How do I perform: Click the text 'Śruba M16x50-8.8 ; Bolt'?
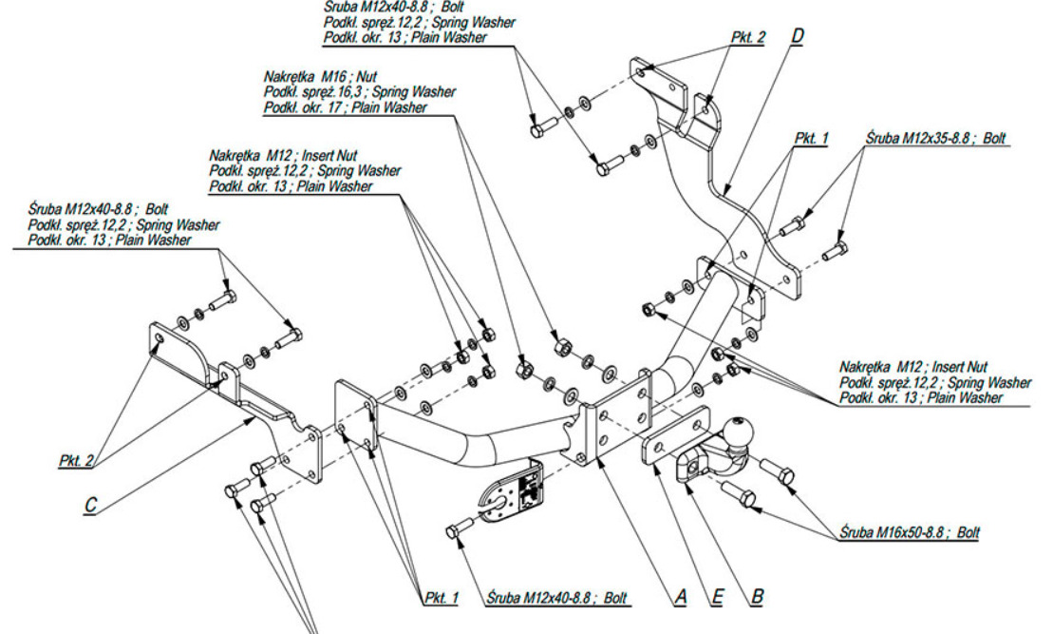coord(910,532)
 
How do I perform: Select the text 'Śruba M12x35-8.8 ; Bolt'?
coord(936,138)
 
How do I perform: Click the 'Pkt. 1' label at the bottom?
coord(441,598)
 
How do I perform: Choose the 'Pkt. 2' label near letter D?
coord(748,38)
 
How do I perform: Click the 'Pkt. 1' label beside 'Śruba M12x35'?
coord(811,138)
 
